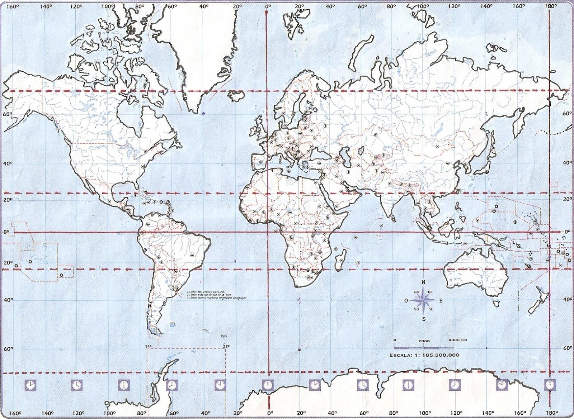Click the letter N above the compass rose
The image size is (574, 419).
423,282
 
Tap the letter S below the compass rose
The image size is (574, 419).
424,319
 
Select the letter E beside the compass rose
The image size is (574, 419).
441,301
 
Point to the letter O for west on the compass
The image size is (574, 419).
406,301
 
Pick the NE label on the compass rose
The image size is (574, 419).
430,292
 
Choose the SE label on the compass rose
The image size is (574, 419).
430,309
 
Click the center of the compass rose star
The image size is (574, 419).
424,300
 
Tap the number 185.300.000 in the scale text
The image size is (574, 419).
442,355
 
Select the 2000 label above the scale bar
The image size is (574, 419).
424,340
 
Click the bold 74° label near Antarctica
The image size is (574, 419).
148,347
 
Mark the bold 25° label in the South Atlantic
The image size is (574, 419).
226,347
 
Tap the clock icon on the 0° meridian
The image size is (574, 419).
267,385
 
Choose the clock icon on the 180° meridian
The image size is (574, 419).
549,385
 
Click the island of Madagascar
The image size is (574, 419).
340,259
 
